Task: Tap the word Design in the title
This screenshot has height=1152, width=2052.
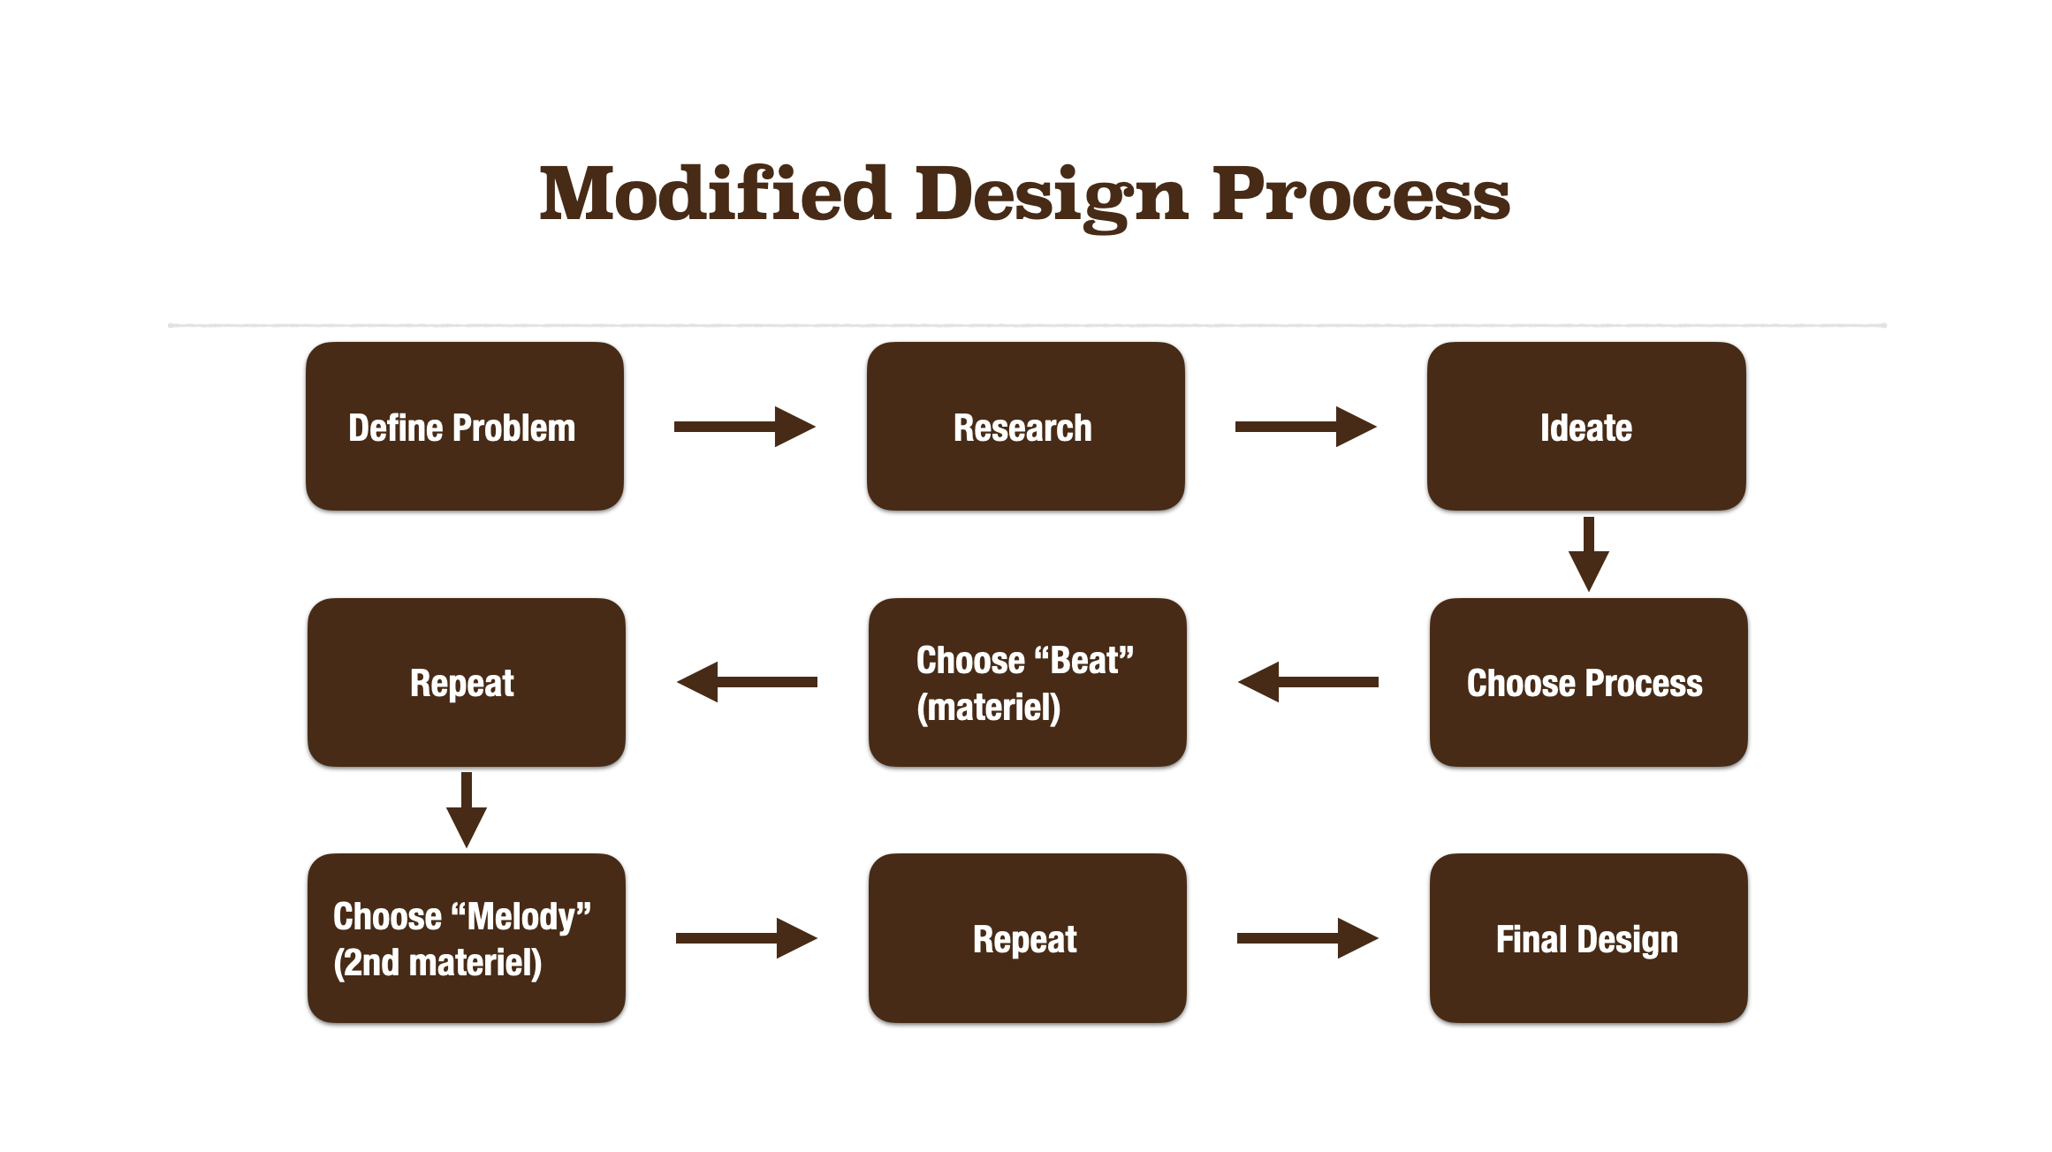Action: [x=1051, y=196]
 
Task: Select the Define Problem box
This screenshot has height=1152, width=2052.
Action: [x=465, y=427]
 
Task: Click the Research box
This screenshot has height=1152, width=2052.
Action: [x=1025, y=427]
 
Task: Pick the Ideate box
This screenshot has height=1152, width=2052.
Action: [x=1586, y=427]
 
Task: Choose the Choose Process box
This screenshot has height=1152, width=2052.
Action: [x=1588, y=683]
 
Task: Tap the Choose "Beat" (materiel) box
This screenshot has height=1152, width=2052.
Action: [x=1027, y=683]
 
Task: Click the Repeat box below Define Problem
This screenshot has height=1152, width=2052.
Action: [x=466, y=683]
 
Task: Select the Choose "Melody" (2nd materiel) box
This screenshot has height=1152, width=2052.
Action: [x=466, y=938]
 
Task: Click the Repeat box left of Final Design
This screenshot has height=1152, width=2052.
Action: [x=1027, y=938]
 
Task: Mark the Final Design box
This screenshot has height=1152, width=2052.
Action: [x=1588, y=938]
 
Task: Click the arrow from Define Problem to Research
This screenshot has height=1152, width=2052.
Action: [x=744, y=427]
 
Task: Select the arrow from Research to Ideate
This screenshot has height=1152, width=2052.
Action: [x=1305, y=427]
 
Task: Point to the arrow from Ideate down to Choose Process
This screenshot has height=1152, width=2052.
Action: [x=1588, y=554]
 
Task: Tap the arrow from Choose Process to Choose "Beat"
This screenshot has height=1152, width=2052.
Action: [x=1308, y=682]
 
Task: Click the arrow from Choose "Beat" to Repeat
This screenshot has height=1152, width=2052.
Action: [x=747, y=682]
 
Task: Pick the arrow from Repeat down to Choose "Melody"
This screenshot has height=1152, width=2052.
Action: [x=466, y=809]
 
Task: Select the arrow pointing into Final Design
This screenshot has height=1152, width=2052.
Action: [x=1307, y=938]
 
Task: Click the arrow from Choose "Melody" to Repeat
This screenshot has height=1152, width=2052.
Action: [x=746, y=938]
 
